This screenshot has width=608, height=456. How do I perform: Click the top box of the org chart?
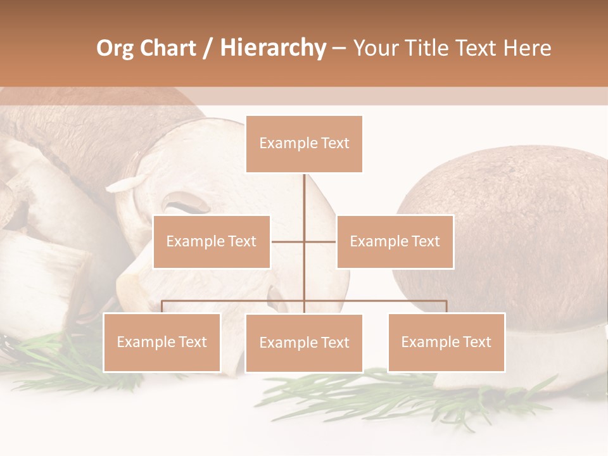tap(304, 144)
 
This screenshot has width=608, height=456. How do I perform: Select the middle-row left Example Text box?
tap(212, 241)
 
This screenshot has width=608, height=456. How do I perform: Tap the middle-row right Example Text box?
tap(395, 241)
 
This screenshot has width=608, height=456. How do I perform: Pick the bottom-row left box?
tap(161, 342)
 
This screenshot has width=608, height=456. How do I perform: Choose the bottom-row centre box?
tap(304, 343)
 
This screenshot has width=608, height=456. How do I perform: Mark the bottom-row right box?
tap(446, 342)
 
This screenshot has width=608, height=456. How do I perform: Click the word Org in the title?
tap(115, 48)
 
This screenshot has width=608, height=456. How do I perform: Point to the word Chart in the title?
tap(166, 48)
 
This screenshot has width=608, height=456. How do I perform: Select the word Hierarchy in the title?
tap(272, 48)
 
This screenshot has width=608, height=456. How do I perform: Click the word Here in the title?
tap(527, 48)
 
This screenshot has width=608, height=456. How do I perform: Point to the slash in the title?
tap(208, 48)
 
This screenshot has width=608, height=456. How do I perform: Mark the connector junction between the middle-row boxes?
tap(304, 241)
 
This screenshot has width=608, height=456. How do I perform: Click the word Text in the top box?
tap(335, 144)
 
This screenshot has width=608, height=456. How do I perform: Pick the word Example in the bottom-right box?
tap(429, 342)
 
